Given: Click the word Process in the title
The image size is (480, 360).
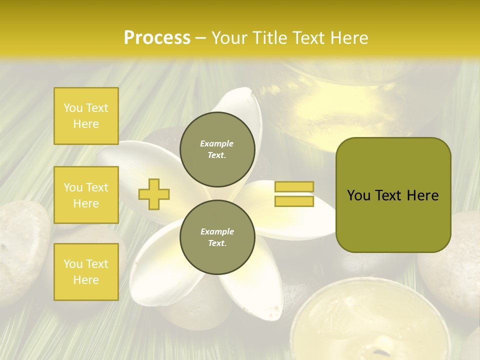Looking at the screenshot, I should pos(157,37).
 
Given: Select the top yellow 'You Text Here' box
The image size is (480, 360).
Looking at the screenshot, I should pos(86,116).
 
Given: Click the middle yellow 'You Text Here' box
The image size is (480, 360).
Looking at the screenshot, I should pos(86,195).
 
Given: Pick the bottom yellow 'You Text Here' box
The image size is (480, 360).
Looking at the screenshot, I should pos(86,271).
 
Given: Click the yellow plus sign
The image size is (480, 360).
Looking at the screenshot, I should pos(154,193).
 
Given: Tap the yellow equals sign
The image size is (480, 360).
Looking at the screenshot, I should pos(294,194).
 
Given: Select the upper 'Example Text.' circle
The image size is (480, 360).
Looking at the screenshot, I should pos(217,149).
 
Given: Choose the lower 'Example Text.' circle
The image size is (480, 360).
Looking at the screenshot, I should pos(217,237).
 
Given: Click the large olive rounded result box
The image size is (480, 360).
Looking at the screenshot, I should pos(393,195).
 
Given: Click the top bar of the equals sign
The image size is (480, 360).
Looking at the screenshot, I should pos(294,187).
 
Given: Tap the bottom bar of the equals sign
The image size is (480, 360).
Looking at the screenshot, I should pos(294,201).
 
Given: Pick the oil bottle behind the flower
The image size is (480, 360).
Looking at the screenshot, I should pos(330,100).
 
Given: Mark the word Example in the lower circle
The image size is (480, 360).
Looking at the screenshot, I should pos(217,231).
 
